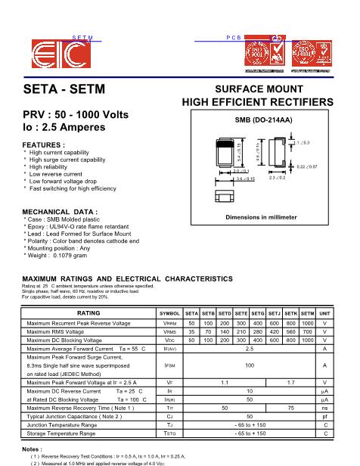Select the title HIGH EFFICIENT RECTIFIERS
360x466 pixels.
click(257, 102)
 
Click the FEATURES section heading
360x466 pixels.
click(44, 144)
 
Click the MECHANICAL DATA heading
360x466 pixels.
click(61, 211)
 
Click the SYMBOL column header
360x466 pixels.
click(169, 312)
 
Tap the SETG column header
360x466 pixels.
click(257, 312)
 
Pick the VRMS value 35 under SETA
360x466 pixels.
click(191, 331)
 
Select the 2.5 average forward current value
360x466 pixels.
click(249, 348)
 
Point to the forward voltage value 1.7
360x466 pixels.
click(290, 384)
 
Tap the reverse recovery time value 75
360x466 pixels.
click(290, 409)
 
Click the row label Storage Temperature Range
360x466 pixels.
click(72, 433)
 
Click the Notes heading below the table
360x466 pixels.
click(31, 450)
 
